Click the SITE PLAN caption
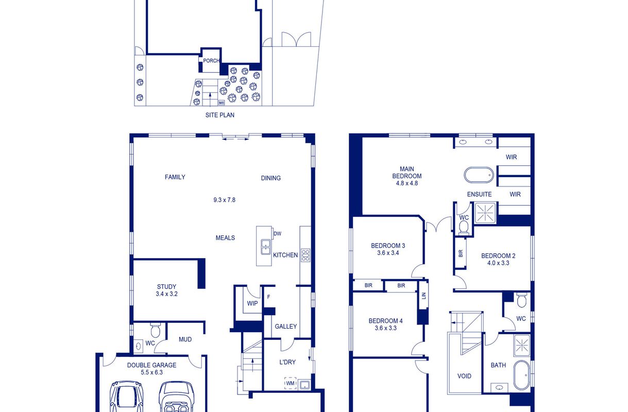[220, 115]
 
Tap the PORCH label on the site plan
[211, 61]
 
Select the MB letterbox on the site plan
[222, 103]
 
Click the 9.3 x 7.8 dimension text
[224, 200]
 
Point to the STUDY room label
[166, 287]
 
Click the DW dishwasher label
[277, 233]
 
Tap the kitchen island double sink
[265, 247]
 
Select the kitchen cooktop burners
[305, 255]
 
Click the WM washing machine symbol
[291, 383]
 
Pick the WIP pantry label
[252, 303]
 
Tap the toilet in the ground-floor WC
[155, 331]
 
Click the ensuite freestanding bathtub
[479, 175]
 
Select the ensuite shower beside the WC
[485, 213]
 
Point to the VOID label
[464, 376]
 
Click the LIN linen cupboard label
[423, 296]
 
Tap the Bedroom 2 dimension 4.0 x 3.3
[498, 263]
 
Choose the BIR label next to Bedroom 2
[461, 253]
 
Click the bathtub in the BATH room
[521, 375]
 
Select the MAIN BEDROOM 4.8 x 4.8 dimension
[407, 183]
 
